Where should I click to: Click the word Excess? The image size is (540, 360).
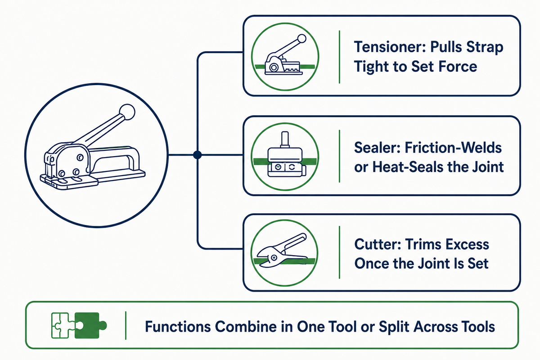tap(467, 244)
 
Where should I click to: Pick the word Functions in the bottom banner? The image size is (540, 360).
tap(177, 327)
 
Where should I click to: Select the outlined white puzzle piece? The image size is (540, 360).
tap(60, 325)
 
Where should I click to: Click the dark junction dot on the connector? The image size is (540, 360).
tap(197, 155)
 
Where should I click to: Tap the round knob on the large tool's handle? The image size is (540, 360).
tap(127, 112)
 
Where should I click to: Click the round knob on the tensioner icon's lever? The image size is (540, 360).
tap(301, 39)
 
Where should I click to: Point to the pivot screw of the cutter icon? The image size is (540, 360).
tap(274, 257)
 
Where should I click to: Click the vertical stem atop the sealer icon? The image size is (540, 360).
tap(285, 139)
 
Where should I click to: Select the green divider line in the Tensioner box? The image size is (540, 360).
tap(339, 57)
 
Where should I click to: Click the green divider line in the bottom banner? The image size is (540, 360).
tap(126, 325)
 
